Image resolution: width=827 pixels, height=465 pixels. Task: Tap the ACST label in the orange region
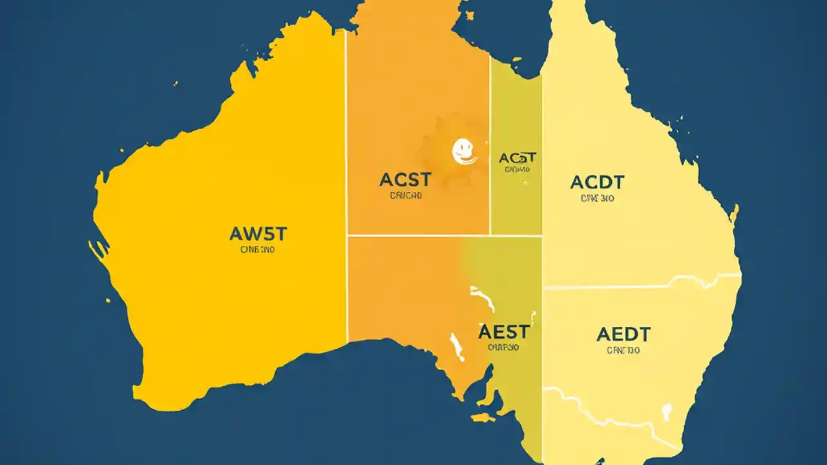tap(406, 180)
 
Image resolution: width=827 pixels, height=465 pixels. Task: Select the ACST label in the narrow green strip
tap(518, 158)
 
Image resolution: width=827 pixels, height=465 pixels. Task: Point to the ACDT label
tap(597, 183)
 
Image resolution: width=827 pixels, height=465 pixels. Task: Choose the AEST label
tap(504, 332)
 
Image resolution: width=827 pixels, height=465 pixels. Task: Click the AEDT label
tap(623, 335)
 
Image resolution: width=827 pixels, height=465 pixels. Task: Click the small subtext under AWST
tap(257, 249)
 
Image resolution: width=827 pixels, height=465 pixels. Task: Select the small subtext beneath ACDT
tap(597, 199)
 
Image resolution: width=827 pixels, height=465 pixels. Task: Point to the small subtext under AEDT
tap(623, 351)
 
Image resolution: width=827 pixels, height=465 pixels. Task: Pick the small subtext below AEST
tap(504, 347)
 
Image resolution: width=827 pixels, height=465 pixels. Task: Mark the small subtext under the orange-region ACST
tap(406, 195)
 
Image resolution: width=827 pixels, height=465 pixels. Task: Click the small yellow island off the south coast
tap(483, 418)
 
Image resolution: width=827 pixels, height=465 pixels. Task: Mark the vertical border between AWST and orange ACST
tap(347, 194)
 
